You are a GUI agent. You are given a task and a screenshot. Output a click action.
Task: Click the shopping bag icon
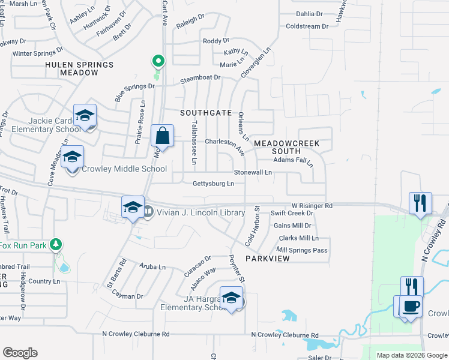(x=162, y=136)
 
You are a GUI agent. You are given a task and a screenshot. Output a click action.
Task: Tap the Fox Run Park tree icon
(x=56, y=245)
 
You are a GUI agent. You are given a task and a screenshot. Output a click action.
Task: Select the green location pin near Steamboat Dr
(x=157, y=61)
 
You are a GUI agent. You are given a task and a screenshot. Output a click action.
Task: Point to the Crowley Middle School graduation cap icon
(x=72, y=157)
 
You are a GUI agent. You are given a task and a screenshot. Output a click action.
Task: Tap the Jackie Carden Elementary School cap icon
(x=85, y=116)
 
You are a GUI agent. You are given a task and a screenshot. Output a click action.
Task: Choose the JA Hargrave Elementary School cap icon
(x=231, y=298)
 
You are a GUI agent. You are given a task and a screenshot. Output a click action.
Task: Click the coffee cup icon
(x=411, y=306)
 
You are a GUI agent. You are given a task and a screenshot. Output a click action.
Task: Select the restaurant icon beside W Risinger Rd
(x=420, y=203)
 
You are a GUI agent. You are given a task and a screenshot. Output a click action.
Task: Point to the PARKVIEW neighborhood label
(x=268, y=258)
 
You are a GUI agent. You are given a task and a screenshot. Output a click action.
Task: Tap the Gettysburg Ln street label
(x=213, y=184)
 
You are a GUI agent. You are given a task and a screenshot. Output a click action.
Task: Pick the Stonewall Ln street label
(x=253, y=172)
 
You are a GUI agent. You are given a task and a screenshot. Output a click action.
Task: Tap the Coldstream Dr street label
(x=307, y=26)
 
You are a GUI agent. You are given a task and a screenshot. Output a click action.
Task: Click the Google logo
(x=20, y=353)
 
